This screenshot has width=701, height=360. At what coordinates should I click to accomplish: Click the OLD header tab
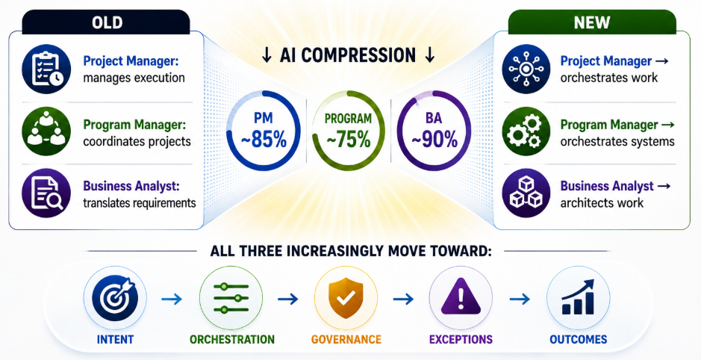point(106,22)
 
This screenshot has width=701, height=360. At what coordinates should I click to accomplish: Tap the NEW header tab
point(592,22)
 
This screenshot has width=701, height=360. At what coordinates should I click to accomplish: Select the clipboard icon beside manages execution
point(46,69)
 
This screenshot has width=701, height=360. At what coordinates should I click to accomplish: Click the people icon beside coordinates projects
point(46,131)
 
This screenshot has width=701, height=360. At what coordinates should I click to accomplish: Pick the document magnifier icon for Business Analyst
point(46,193)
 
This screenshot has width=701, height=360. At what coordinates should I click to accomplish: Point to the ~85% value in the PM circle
point(264,140)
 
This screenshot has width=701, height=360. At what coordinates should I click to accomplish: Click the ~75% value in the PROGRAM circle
point(349,140)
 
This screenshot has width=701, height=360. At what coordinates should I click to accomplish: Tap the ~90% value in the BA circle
point(434,140)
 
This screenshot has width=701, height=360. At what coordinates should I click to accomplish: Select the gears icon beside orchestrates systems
point(526,131)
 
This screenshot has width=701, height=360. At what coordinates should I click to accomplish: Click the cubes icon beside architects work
point(526,193)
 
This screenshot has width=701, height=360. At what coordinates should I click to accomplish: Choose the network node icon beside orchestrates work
point(526,69)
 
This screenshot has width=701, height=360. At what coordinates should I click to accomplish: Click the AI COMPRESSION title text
point(348,55)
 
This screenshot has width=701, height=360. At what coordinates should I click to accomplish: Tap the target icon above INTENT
point(115,297)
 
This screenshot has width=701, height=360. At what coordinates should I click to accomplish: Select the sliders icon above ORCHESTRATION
point(231,298)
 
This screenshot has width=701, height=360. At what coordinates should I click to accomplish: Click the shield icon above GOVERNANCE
point(346,297)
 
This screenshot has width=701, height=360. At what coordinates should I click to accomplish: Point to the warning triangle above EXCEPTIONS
point(461,297)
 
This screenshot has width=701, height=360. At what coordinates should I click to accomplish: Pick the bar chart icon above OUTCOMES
point(578,297)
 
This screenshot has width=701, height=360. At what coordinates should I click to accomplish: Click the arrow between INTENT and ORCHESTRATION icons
point(172,299)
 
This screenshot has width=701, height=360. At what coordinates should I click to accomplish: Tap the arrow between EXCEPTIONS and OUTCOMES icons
point(520,299)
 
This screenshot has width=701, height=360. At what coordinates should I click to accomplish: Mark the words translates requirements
point(140,203)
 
